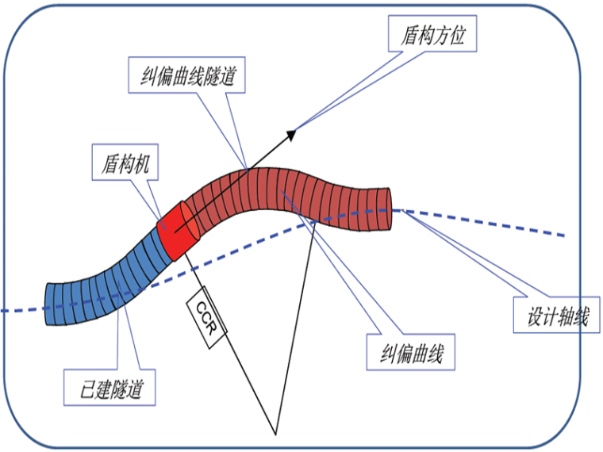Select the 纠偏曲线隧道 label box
(185, 76)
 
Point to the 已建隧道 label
(109, 389)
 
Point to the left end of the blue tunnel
(49, 305)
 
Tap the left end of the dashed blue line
(3, 310)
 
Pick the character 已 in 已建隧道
(79, 389)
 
